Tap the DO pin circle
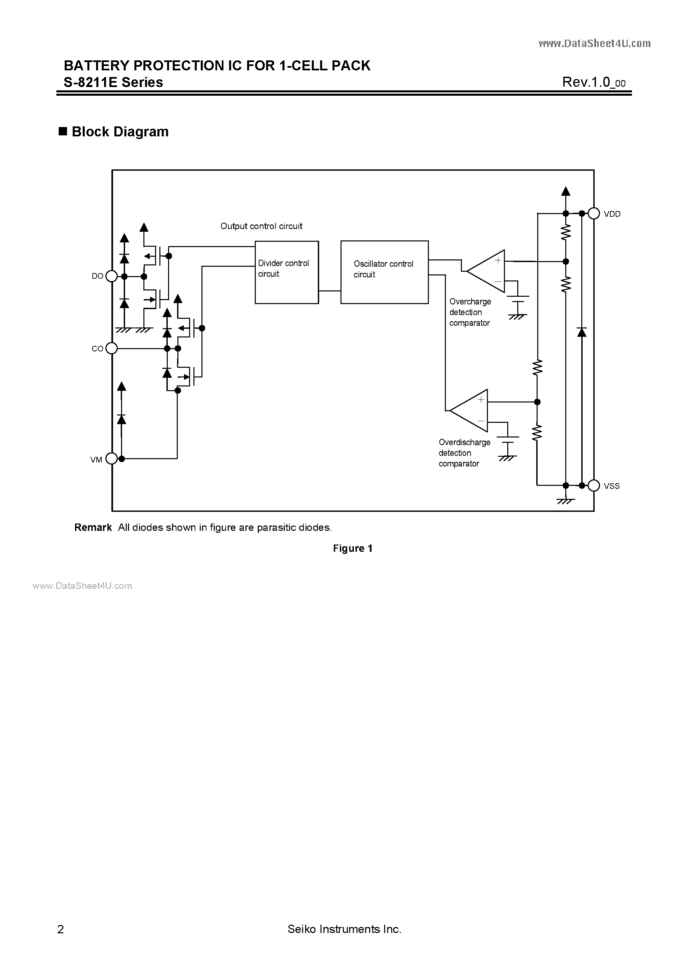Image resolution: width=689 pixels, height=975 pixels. point(111,276)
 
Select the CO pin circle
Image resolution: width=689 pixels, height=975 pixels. point(111,349)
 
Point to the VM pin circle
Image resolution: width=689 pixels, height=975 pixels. point(111,458)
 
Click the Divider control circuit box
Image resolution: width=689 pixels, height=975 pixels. point(287,272)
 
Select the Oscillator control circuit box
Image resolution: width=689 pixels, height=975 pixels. point(385,272)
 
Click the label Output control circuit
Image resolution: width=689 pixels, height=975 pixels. point(261,226)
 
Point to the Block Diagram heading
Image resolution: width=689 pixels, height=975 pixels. point(120,132)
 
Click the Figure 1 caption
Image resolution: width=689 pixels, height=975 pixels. point(353,548)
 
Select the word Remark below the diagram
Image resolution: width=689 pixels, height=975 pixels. point(93,528)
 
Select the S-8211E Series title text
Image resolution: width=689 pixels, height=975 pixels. point(113,82)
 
